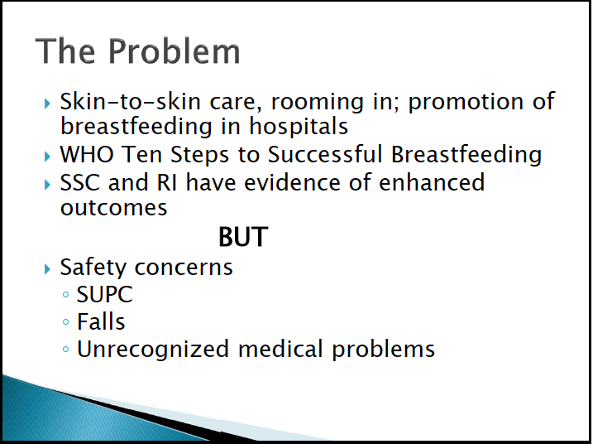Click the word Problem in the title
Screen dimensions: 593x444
(175, 51)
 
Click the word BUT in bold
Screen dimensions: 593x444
(243, 237)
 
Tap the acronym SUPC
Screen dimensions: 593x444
(105, 294)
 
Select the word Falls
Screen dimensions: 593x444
(101, 321)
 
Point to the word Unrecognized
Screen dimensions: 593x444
(153, 349)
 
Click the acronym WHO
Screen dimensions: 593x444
(87, 154)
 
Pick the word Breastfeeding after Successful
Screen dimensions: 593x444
(466, 156)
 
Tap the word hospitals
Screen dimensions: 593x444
(299, 126)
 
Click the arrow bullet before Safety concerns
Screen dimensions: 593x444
(47, 269)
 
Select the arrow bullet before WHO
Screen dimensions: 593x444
(47, 157)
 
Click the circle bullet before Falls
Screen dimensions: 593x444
(66, 322)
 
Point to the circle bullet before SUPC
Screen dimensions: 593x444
(66, 294)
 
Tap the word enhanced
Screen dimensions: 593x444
(432, 182)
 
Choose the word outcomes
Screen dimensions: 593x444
(114, 208)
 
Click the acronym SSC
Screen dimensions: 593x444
(79, 182)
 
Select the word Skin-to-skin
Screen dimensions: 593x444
(130, 101)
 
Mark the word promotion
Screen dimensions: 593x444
(466, 102)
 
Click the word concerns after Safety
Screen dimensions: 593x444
(184, 268)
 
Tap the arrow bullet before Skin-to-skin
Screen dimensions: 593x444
(47, 104)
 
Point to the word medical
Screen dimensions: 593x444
(280, 349)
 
